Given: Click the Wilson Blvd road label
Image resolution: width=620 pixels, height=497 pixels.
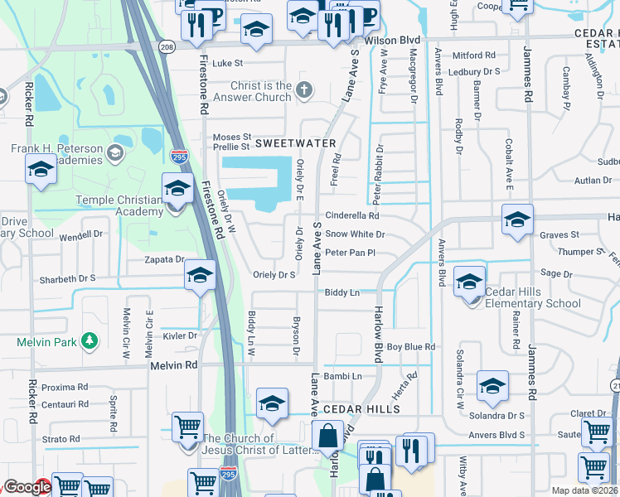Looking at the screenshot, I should pyautogui.click(x=391, y=40).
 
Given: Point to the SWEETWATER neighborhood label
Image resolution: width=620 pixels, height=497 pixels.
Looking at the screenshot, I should pyautogui.click(x=287, y=143).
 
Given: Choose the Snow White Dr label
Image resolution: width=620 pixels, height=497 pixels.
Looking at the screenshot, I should pyautogui.click(x=355, y=234).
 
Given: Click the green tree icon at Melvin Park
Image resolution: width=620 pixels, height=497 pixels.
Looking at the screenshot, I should pyautogui.click(x=89, y=340).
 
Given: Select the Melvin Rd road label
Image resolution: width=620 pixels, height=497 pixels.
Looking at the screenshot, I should pyautogui.click(x=174, y=364).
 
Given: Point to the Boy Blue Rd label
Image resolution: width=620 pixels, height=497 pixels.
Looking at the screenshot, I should pyautogui.click(x=411, y=346).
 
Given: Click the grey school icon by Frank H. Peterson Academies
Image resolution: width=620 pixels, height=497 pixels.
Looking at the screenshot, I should pyautogui.click(x=115, y=152).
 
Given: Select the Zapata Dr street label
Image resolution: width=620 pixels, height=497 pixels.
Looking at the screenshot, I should pyautogui.click(x=162, y=259).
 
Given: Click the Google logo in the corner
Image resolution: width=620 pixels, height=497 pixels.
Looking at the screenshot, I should pyautogui.click(x=27, y=488).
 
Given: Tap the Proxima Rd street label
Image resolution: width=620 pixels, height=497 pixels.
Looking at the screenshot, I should pyautogui.click(x=65, y=387).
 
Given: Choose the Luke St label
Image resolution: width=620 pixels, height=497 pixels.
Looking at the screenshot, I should pyautogui.click(x=227, y=63).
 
